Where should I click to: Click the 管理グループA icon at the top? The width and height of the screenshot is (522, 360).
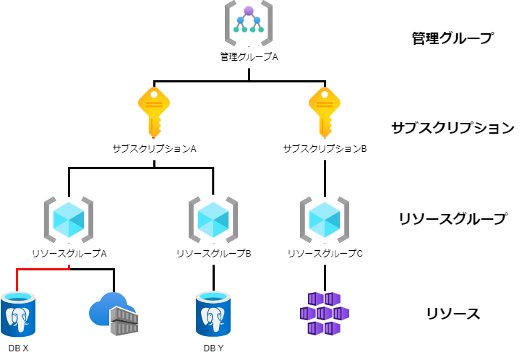[248, 24]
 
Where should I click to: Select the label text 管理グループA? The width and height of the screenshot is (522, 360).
[249, 56]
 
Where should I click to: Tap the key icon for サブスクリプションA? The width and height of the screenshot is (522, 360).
[153, 111]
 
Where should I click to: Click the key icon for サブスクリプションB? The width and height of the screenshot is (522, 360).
[325, 111]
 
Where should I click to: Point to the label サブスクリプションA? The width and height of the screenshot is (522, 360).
[154, 148]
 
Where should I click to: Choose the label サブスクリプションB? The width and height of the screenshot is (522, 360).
[325, 148]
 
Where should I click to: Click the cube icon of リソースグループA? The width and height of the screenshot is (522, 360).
[69, 218]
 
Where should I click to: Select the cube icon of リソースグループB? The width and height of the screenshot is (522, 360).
[213, 218]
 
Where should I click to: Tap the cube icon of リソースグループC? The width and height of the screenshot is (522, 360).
[325, 218]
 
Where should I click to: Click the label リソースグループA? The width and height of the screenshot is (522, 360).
[69, 254]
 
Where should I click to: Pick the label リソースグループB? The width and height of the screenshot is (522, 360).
[213, 254]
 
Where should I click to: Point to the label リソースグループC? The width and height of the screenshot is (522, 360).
[325, 254]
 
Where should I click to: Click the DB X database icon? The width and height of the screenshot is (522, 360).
[18, 314]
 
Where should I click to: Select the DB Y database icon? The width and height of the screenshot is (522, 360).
[213, 314]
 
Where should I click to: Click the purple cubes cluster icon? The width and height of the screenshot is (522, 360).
[325, 313]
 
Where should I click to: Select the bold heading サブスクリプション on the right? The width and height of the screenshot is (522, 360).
[453, 128]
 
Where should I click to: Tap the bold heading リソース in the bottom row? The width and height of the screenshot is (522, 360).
[453, 313]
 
